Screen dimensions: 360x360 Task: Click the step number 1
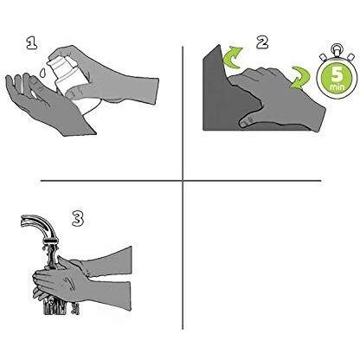pos(32,42)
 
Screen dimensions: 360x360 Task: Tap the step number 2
pos(262,42)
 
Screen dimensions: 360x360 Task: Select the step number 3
pos(78,218)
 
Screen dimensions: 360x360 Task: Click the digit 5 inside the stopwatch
pos(337,74)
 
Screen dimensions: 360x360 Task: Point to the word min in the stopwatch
pos(337,87)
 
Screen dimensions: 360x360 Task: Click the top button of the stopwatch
pos(336,49)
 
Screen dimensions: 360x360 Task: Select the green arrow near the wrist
pos(300,77)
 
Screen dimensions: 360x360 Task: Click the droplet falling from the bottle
pos(42,72)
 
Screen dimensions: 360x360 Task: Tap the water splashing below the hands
pos(59,305)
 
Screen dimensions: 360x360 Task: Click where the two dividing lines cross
pos(183,181)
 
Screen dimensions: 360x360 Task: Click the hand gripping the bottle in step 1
pos(106,76)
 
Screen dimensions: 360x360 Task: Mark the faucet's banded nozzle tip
pos(51,241)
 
